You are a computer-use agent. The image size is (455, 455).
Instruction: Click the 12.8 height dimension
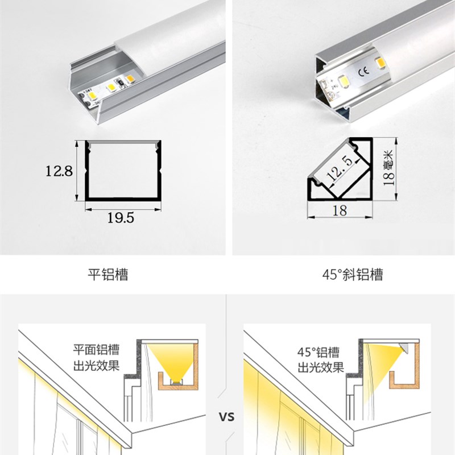(59, 170)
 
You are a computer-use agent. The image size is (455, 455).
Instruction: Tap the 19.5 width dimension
(121, 218)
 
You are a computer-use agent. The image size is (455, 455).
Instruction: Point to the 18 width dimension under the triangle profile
(340, 210)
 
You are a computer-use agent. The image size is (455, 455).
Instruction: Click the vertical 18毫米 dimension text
(388, 168)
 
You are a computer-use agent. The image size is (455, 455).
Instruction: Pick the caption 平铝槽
(108, 275)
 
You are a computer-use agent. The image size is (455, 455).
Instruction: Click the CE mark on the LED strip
(365, 72)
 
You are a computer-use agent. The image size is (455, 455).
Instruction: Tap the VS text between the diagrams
(227, 417)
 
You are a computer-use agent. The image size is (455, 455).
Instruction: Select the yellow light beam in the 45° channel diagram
(382, 364)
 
